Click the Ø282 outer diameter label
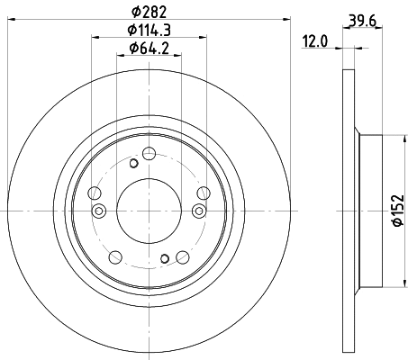pyautogui.click(x=149, y=13)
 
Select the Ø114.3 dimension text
pyautogui.click(x=149, y=31)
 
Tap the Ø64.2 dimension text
pyautogui.click(x=149, y=48)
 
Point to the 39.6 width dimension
pyautogui.click(x=363, y=21)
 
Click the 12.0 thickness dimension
pyautogui.click(x=315, y=41)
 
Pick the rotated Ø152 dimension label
pyautogui.click(x=399, y=210)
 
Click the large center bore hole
pyautogui.click(x=149, y=211)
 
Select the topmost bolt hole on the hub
pyautogui.click(x=149, y=154)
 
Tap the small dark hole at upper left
pyautogui.click(x=133, y=164)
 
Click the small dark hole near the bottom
pyautogui.click(x=165, y=258)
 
